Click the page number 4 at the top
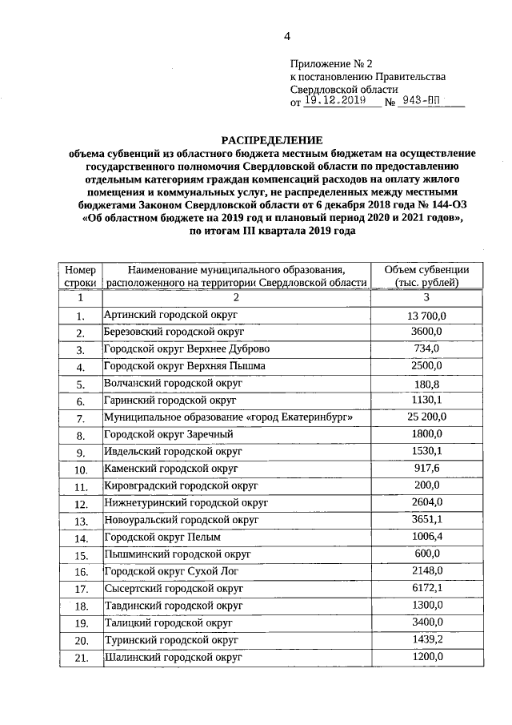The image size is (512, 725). coord(286,36)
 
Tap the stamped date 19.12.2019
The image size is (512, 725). coord(334,102)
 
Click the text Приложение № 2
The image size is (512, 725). coord(331,62)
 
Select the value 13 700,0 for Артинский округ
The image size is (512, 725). coord(426,316)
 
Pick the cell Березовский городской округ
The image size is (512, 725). coord(173,332)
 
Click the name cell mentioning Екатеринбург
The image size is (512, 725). coord(228,417)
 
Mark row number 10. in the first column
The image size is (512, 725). coord(80,470)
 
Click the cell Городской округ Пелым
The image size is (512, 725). coord(162,538)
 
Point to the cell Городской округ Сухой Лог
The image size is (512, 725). coord(172,571)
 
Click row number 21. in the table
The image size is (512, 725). coord(80,658)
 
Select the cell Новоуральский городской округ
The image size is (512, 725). coord(181,520)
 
